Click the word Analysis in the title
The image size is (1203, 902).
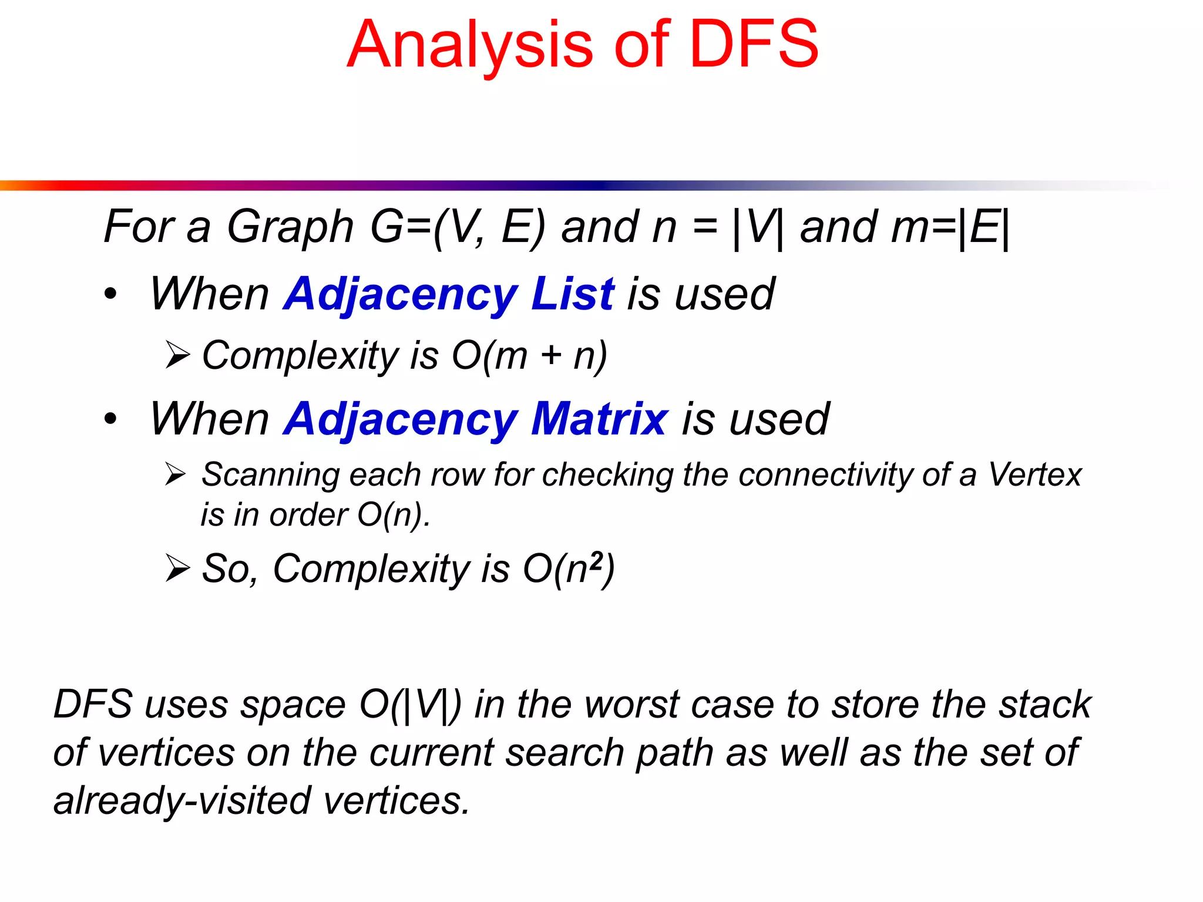click(x=470, y=46)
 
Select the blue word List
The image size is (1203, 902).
click(x=572, y=294)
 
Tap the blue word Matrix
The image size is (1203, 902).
click(x=599, y=419)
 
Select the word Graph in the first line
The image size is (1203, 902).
click(x=290, y=228)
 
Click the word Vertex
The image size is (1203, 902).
click(x=1034, y=474)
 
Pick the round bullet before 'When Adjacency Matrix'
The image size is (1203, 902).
click(x=110, y=419)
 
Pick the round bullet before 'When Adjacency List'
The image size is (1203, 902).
click(x=110, y=294)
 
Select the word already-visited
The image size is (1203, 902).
click(x=182, y=801)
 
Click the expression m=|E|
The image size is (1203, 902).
click(x=950, y=228)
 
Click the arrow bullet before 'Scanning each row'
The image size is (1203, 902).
click(x=176, y=474)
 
